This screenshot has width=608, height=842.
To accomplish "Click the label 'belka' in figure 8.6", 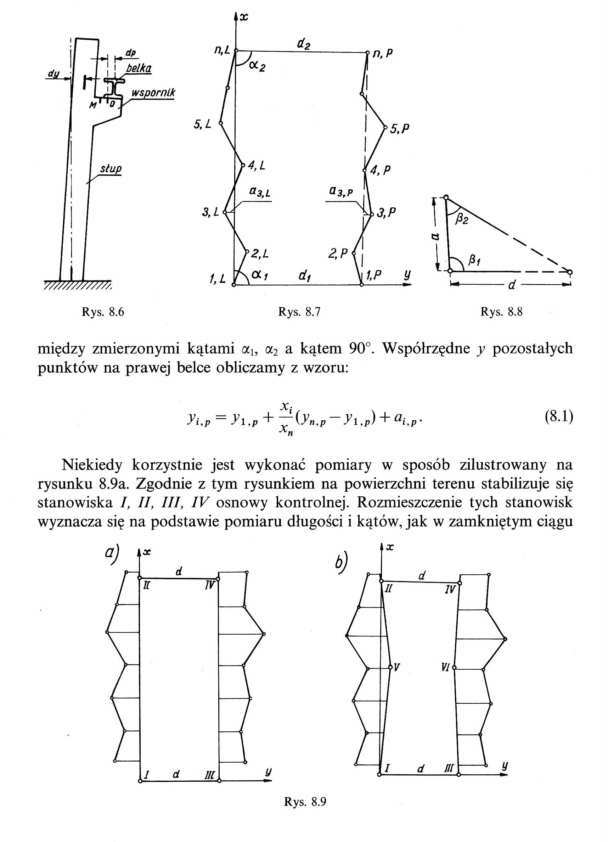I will pyautogui.click(x=139, y=68).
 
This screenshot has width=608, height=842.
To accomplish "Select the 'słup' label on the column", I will pyautogui.click(x=111, y=169).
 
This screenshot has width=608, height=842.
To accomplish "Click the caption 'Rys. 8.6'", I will pyautogui.click(x=103, y=312).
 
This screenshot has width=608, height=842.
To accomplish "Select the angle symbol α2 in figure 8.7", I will pyautogui.click(x=257, y=66).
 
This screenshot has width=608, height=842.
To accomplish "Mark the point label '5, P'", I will pyautogui.click(x=400, y=128).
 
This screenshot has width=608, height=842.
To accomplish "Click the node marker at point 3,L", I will pyautogui.click(x=224, y=213).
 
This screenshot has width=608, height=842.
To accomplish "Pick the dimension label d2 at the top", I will pyautogui.click(x=303, y=45).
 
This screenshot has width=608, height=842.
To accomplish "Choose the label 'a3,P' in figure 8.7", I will pyautogui.click(x=340, y=191).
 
